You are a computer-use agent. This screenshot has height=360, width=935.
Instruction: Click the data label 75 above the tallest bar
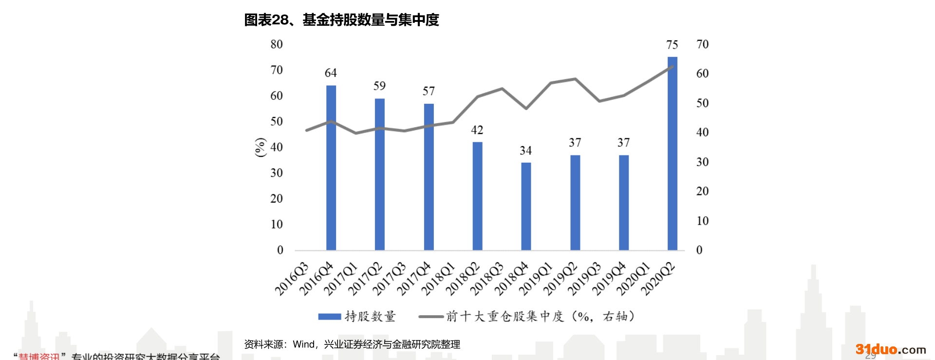pyautogui.click(x=672, y=45)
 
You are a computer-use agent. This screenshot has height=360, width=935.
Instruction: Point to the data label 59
pyautogui.click(x=379, y=86)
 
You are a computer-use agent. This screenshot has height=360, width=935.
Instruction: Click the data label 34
pyautogui.click(x=525, y=151)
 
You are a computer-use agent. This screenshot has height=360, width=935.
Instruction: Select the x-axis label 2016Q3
pyautogui.click(x=292, y=279)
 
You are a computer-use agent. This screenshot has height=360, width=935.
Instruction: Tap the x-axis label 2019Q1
pyautogui.click(x=536, y=279)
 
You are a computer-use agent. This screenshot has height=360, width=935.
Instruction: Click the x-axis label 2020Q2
pyautogui.click(x=658, y=279)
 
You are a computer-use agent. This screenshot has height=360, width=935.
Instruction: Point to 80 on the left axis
pyautogui.click(x=277, y=44)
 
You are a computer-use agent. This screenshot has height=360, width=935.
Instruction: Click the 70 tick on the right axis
pyautogui.click(x=702, y=44)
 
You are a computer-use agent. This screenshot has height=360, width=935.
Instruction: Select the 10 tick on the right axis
pyautogui.click(x=702, y=221)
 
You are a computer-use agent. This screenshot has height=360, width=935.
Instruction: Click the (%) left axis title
pyautogui.click(x=261, y=147)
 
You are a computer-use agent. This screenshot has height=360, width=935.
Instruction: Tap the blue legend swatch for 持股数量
pyautogui.click(x=329, y=317)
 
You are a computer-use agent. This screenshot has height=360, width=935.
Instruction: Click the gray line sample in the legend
pyautogui.click(x=430, y=317)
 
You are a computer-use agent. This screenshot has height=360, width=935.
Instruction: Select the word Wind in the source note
pyautogui.click(x=303, y=344)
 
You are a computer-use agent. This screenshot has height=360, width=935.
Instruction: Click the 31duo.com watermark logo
pyautogui.click(x=891, y=349)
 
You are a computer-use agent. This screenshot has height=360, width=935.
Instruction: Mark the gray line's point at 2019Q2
pyautogui.click(x=575, y=79)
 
